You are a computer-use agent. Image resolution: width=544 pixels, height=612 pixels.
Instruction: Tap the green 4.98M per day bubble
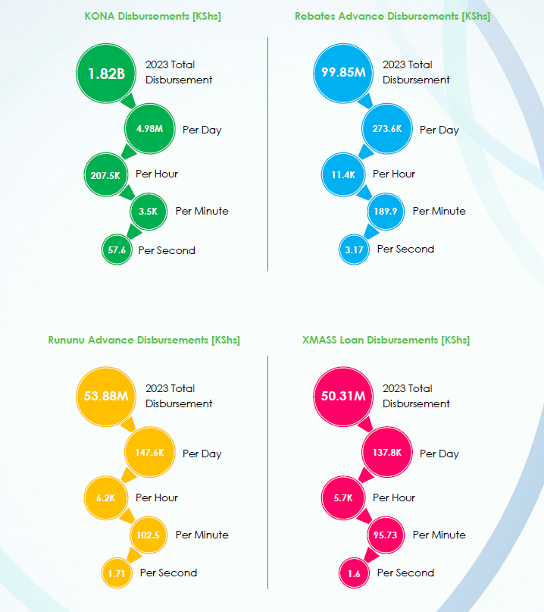point(149,129)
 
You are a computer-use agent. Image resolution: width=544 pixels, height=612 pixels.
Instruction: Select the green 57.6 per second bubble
point(117,250)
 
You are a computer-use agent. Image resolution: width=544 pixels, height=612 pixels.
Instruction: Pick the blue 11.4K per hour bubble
point(343,174)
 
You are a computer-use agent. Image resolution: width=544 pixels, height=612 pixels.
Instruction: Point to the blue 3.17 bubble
point(353,249)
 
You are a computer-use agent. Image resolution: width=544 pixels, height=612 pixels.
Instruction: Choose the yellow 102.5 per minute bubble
point(149,535)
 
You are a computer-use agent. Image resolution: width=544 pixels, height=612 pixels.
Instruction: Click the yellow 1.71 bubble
point(117,573)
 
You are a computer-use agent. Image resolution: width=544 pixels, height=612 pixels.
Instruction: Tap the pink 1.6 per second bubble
point(353,573)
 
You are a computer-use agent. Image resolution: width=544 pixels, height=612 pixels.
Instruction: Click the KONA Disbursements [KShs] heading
point(153,16)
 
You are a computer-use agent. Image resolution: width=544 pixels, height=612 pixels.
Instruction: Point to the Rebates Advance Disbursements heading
point(392,16)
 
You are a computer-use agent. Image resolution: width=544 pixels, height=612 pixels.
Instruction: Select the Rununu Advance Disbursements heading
point(144,340)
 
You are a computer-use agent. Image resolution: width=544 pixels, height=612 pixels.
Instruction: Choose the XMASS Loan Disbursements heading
point(386,340)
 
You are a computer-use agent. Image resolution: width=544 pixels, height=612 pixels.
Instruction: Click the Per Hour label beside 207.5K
point(157,174)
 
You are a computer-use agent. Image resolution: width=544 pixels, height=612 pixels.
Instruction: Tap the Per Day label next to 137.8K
point(439,454)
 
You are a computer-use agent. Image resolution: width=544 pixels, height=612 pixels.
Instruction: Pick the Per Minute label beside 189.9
point(439,211)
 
